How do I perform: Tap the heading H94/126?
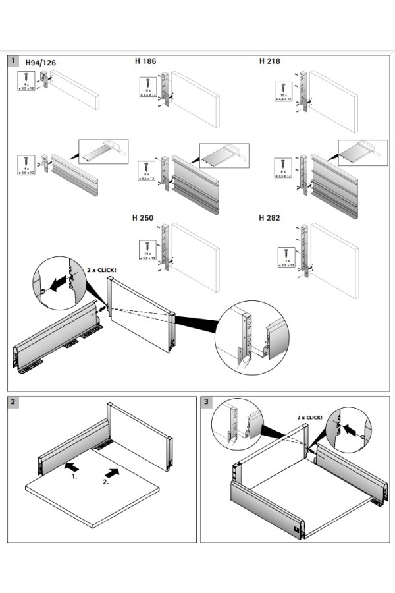[41, 63]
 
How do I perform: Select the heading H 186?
[145, 61]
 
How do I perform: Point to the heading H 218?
[270, 61]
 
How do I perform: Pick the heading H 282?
[270, 217]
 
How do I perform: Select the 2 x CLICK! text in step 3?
[309, 418]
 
